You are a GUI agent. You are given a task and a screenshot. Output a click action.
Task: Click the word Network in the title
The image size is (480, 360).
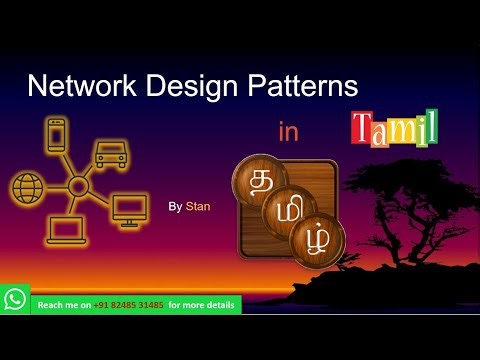pos(79,85)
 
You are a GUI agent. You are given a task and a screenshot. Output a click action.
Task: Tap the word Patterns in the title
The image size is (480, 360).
pos(301,85)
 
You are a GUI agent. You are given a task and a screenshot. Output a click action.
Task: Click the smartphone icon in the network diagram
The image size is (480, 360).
pos(56,136)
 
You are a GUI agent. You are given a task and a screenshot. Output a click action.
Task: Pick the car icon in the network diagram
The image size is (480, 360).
pos(110,153)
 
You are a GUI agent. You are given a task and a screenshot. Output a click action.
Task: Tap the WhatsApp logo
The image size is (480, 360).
pos(15,299)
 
